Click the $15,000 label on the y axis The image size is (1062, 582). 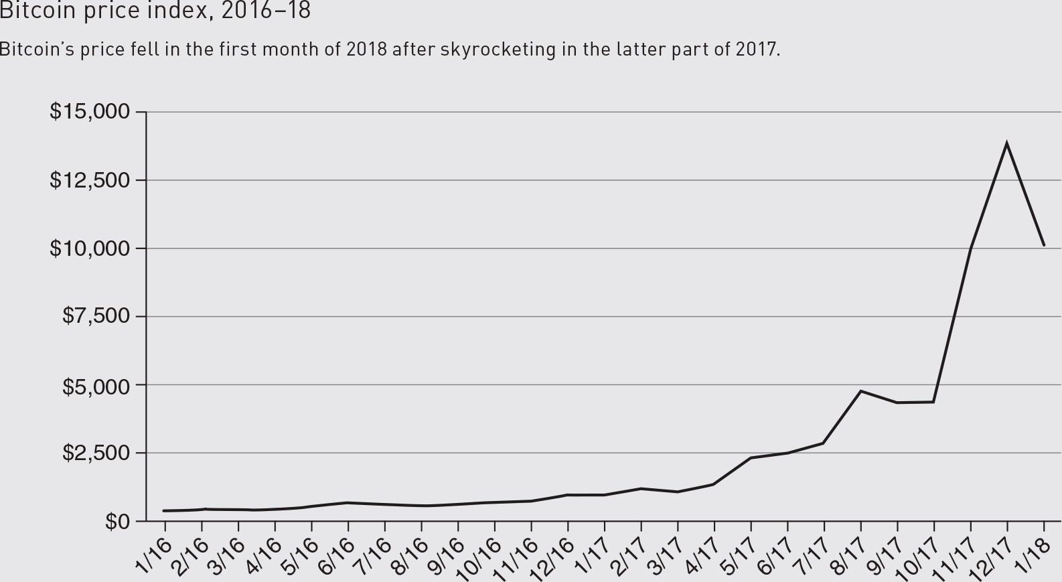[90, 111]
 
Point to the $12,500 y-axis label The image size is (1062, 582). [90, 180]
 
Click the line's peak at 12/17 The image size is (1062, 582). [1006, 143]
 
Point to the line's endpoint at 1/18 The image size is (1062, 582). [1044, 245]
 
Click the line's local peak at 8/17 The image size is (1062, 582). [860, 391]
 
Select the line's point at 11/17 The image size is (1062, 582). [970, 248]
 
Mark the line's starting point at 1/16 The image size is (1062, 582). [164, 511]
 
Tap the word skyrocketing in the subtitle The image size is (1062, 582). [498, 50]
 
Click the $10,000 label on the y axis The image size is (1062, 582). [90, 248]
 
